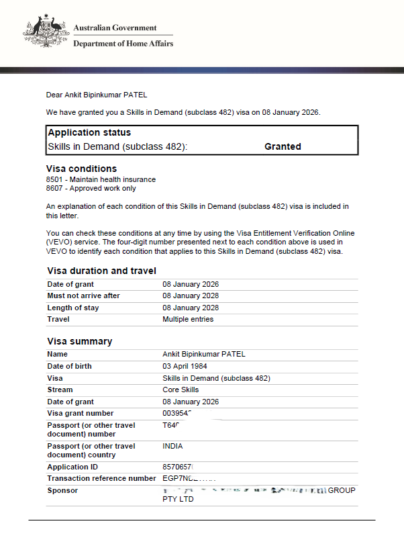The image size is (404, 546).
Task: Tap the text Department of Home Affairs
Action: (123, 44)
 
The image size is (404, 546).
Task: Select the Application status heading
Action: (89, 132)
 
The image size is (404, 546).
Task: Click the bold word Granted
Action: (283, 146)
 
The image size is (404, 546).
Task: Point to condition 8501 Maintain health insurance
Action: (101, 179)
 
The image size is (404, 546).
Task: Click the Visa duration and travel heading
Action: (101, 271)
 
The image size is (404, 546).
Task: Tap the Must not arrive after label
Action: (83, 296)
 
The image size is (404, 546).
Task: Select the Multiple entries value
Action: (188, 319)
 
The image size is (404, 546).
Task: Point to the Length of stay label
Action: (73, 308)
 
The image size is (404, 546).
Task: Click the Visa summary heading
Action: (80, 341)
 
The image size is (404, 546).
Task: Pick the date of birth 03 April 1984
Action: (185, 366)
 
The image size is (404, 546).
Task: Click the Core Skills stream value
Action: (181, 390)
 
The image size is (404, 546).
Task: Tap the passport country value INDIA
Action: (172, 446)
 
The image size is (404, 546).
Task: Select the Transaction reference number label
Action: (101, 478)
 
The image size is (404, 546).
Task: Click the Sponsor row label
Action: (62, 490)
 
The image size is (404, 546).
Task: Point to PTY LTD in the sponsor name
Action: (178, 499)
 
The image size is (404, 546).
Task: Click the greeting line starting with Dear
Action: (96, 95)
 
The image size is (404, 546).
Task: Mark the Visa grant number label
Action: (81, 413)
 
